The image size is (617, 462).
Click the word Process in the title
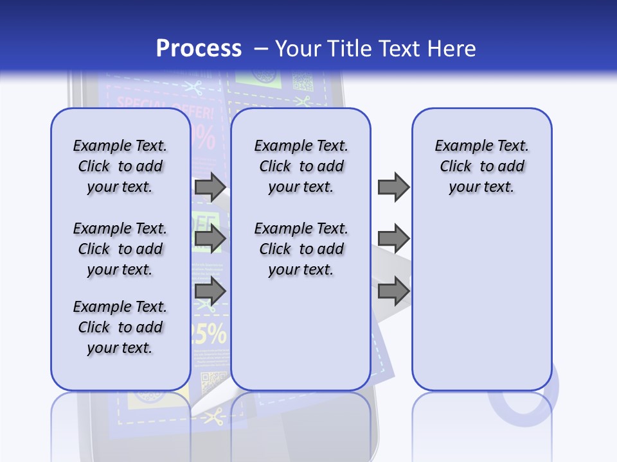[x=199, y=48]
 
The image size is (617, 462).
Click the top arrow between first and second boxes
[x=210, y=187]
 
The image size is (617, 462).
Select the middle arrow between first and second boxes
[x=210, y=239]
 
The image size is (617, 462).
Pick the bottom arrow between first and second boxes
[x=210, y=291]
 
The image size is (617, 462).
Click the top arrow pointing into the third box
[x=393, y=187]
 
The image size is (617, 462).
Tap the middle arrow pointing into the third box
[x=393, y=239]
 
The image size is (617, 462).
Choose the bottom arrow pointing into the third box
[x=393, y=291]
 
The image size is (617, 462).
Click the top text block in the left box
[x=120, y=166]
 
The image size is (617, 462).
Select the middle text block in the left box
[x=120, y=249]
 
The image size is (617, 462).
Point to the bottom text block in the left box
[x=120, y=327]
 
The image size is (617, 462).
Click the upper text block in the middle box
[x=301, y=166]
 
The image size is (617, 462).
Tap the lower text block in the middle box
[x=301, y=249]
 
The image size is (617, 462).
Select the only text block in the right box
[x=481, y=166]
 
